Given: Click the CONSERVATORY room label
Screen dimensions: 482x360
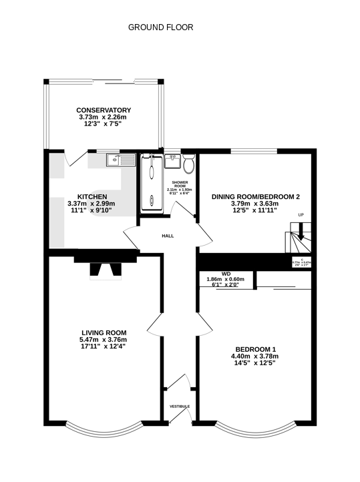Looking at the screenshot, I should (103, 110).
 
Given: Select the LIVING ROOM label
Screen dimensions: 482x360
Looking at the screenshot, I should (103, 332).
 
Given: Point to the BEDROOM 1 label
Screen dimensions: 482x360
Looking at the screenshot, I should (255, 349).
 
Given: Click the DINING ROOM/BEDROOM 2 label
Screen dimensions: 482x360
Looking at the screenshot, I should (256, 196).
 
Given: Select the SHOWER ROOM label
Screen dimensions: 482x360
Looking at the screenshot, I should (179, 184).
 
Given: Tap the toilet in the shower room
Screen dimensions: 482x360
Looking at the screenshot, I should (189, 162).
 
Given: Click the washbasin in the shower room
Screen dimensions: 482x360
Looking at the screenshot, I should (172, 160).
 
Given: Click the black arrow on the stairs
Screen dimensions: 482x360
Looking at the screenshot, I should (300, 234).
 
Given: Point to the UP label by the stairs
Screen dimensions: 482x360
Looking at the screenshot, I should (301, 215).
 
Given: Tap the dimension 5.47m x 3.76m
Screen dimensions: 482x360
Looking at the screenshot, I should (103, 339).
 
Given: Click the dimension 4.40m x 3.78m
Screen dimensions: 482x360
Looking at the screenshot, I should (255, 356).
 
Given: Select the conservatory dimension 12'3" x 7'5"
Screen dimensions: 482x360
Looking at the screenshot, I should (103, 124).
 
